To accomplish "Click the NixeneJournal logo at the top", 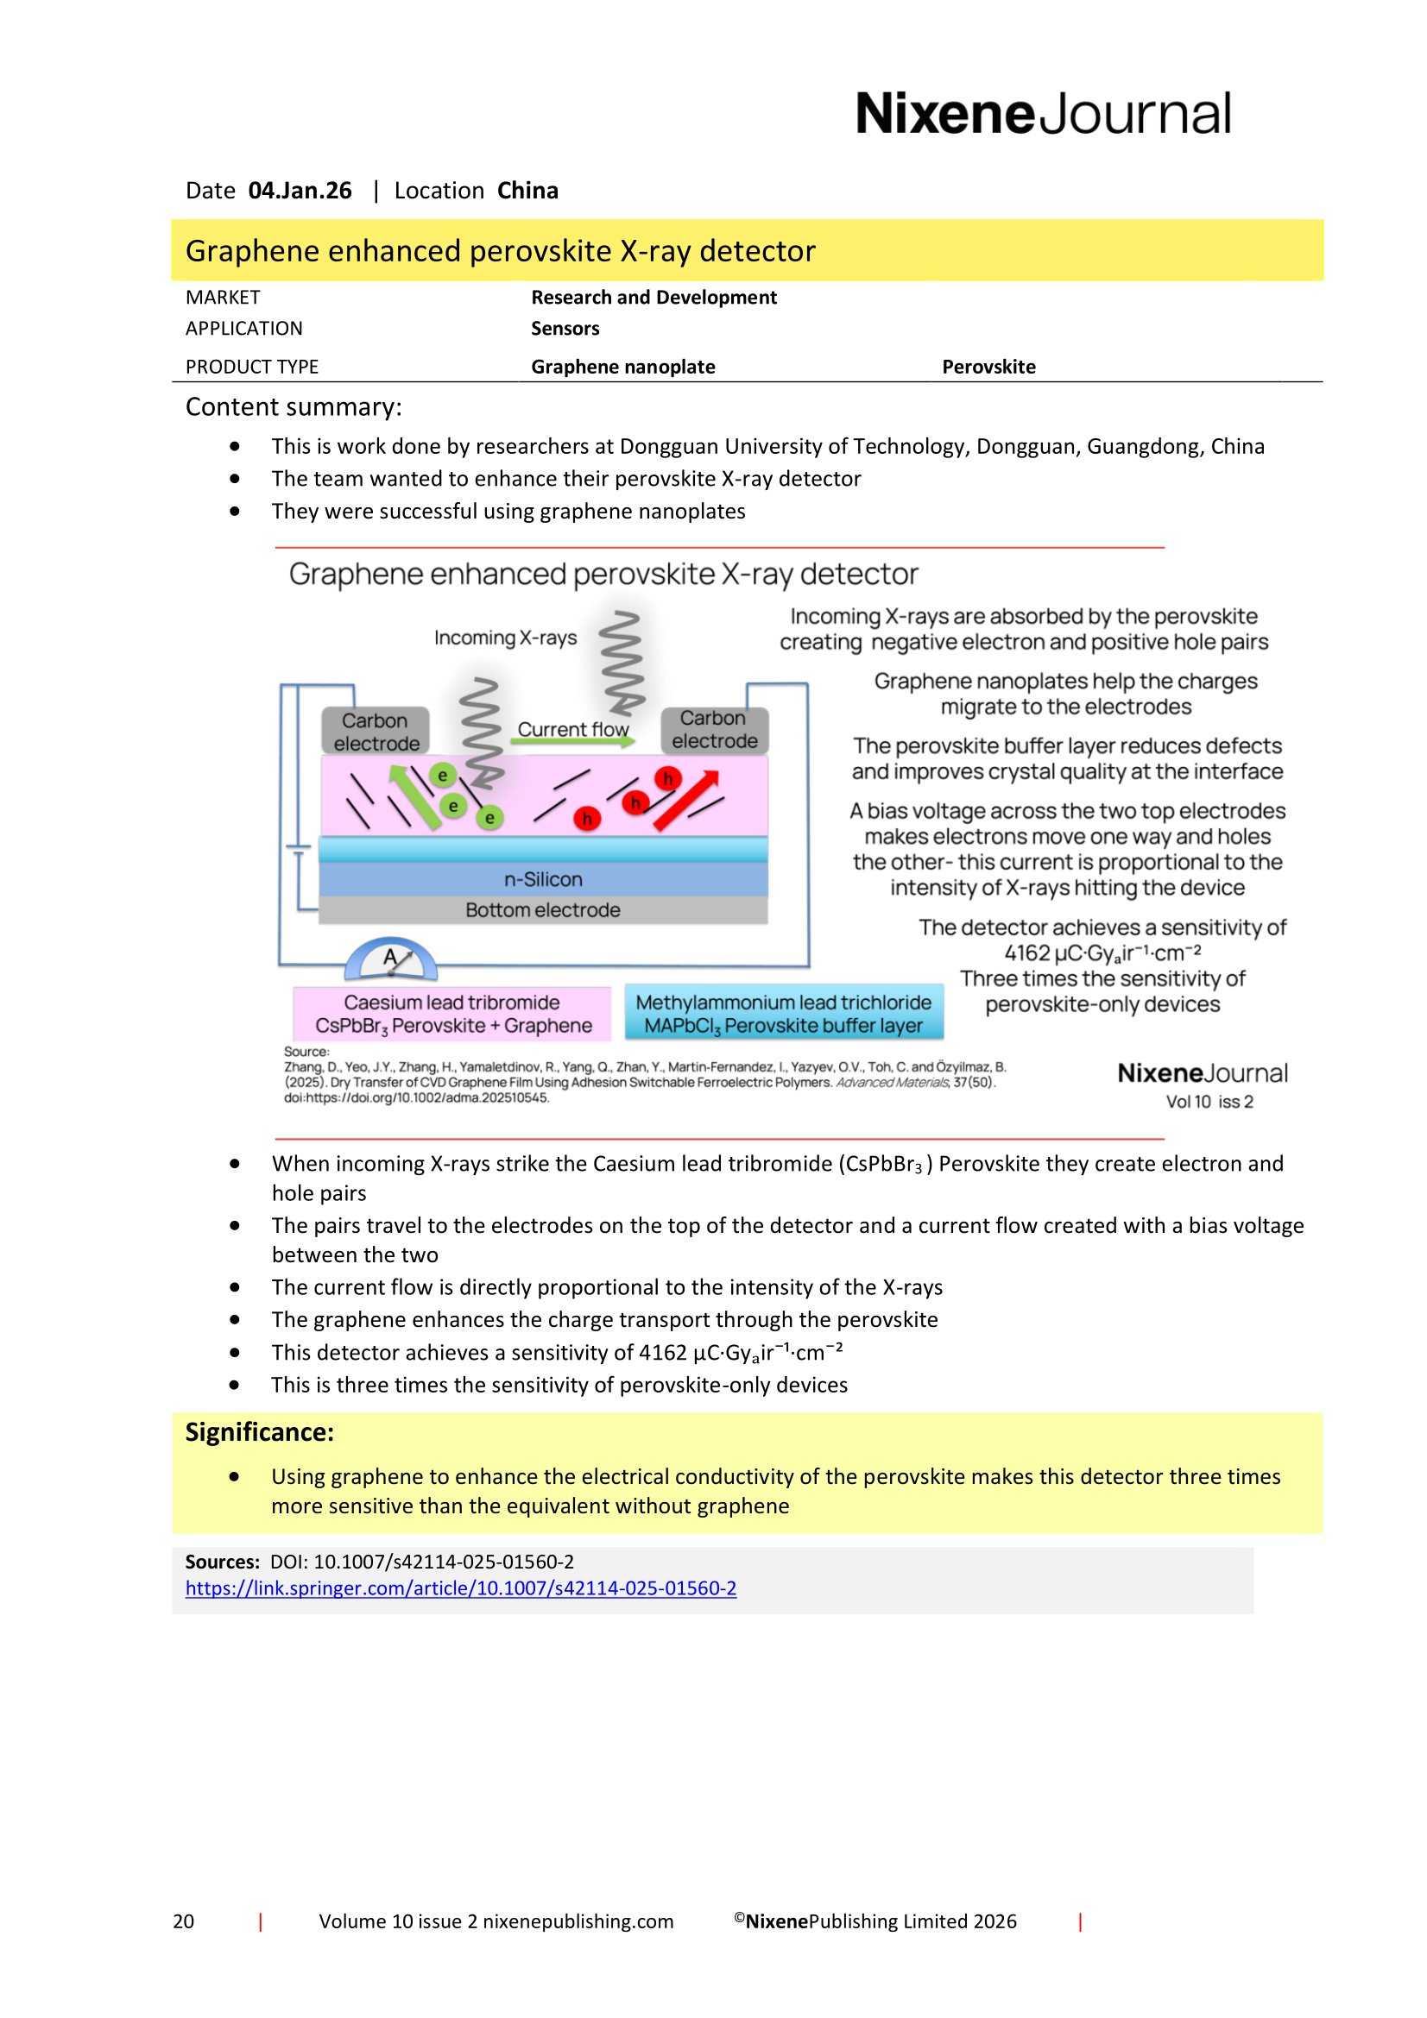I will (x=1043, y=114).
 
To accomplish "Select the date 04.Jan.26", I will (x=300, y=191).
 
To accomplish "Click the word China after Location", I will (x=527, y=191).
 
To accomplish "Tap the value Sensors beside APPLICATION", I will (x=565, y=329).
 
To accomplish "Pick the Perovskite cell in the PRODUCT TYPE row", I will (x=988, y=367).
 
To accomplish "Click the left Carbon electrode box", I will (x=376, y=732).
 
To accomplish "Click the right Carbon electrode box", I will (x=714, y=730).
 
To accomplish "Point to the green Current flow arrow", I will (x=572, y=742).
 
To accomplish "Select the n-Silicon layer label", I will (x=542, y=879).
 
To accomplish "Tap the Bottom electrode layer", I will (x=542, y=909).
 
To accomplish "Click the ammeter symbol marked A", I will (x=390, y=959).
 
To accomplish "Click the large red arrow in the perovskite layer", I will (x=686, y=800).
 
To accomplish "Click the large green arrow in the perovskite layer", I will (x=414, y=797).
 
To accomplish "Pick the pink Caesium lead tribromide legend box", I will (x=452, y=1014).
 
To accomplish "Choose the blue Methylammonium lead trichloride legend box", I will (x=783, y=1014).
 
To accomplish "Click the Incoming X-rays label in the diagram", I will (x=506, y=638).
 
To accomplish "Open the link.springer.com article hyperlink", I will (x=461, y=1588).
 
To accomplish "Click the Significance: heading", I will (x=259, y=1433).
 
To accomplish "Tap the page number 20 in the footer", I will (x=183, y=1921).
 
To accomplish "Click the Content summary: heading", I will (x=294, y=407).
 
